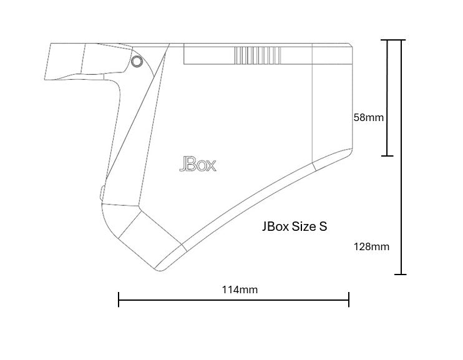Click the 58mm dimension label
click(369, 117)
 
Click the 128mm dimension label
click(371, 246)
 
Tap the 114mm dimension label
click(240, 289)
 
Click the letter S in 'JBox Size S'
click(323, 226)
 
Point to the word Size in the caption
click(304, 226)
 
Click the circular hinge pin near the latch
click(137, 62)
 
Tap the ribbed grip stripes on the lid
click(258, 56)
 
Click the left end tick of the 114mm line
click(119, 299)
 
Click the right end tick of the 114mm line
click(349, 299)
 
